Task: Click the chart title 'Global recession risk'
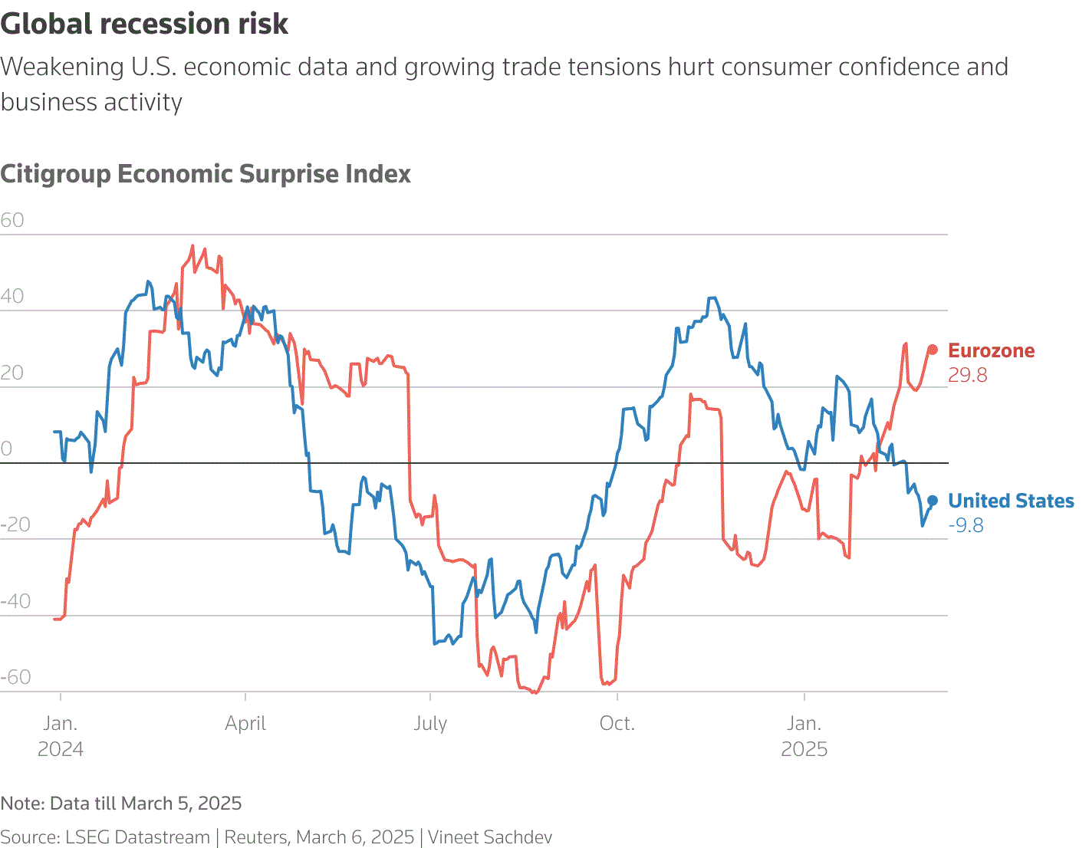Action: pyautogui.click(x=144, y=25)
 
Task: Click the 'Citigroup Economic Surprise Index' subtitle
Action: pyautogui.click(x=206, y=174)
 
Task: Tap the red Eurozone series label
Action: pyautogui.click(x=991, y=351)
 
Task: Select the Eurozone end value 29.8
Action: pyautogui.click(x=968, y=375)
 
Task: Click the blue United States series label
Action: pyautogui.click(x=1011, y=501)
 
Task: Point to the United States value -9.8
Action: pyautogui.click(x=966, y=525)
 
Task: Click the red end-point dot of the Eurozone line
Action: pyautogui.click(x=933, y=350)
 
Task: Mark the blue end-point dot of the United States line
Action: pyautogui.click(x=933, y=501)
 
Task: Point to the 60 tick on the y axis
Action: pyautogui.click(x=12, y=220)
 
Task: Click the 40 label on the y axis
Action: pyautogui.click(x=12, y=296)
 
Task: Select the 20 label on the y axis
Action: pyautogui.click(x=12, y=373)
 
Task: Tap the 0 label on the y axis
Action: pyautogui.click(x=7, y=449)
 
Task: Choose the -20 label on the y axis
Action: pyautogui.click(x=15, y=525)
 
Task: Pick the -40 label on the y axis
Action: pyautogui.click(x=15, y=601)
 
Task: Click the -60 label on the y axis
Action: pyautogui.click(x=15, y=677)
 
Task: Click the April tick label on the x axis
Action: pyautogui.click(x=245, y=724)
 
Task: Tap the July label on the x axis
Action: pyautogui.click(x=430, y=724)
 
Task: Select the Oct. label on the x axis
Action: pyautogui.click(x=617, y=724)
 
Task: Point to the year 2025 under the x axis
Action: pyautogui.click(x=804, y=749)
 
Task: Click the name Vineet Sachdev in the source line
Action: pyautogui.click(x=489, y=837)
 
